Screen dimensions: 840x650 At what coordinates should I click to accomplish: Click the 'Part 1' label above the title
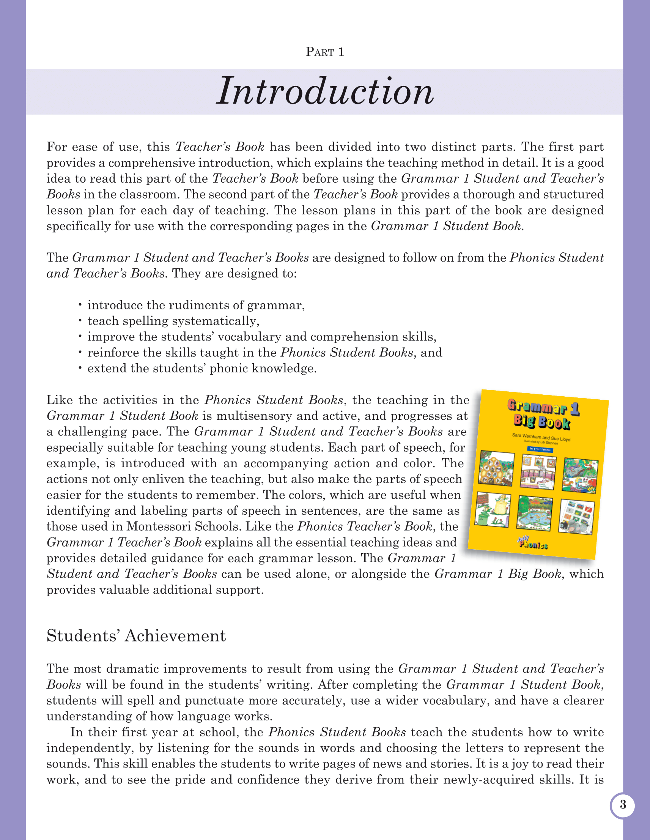click(x=325, y=52)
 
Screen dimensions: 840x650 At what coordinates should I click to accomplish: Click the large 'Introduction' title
click(x=325, y=91)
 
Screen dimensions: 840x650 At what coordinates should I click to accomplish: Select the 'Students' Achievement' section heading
click(x=136, y=636)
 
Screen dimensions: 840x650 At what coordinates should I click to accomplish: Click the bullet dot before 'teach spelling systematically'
click(x=80, y=320)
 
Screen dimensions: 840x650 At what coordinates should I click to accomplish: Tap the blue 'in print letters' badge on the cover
click(x=540, y=449)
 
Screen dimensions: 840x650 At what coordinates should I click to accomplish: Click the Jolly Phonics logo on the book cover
click(x=533, y=543)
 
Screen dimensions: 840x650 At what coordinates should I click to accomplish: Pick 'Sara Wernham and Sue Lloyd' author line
click(x=541, y=438)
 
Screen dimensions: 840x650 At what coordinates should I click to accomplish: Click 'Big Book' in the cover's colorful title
click(x=542, y=422)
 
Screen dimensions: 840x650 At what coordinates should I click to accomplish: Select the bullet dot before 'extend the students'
click(x=80, y=368)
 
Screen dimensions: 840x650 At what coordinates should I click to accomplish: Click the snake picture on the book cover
click(x=581, y=476)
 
